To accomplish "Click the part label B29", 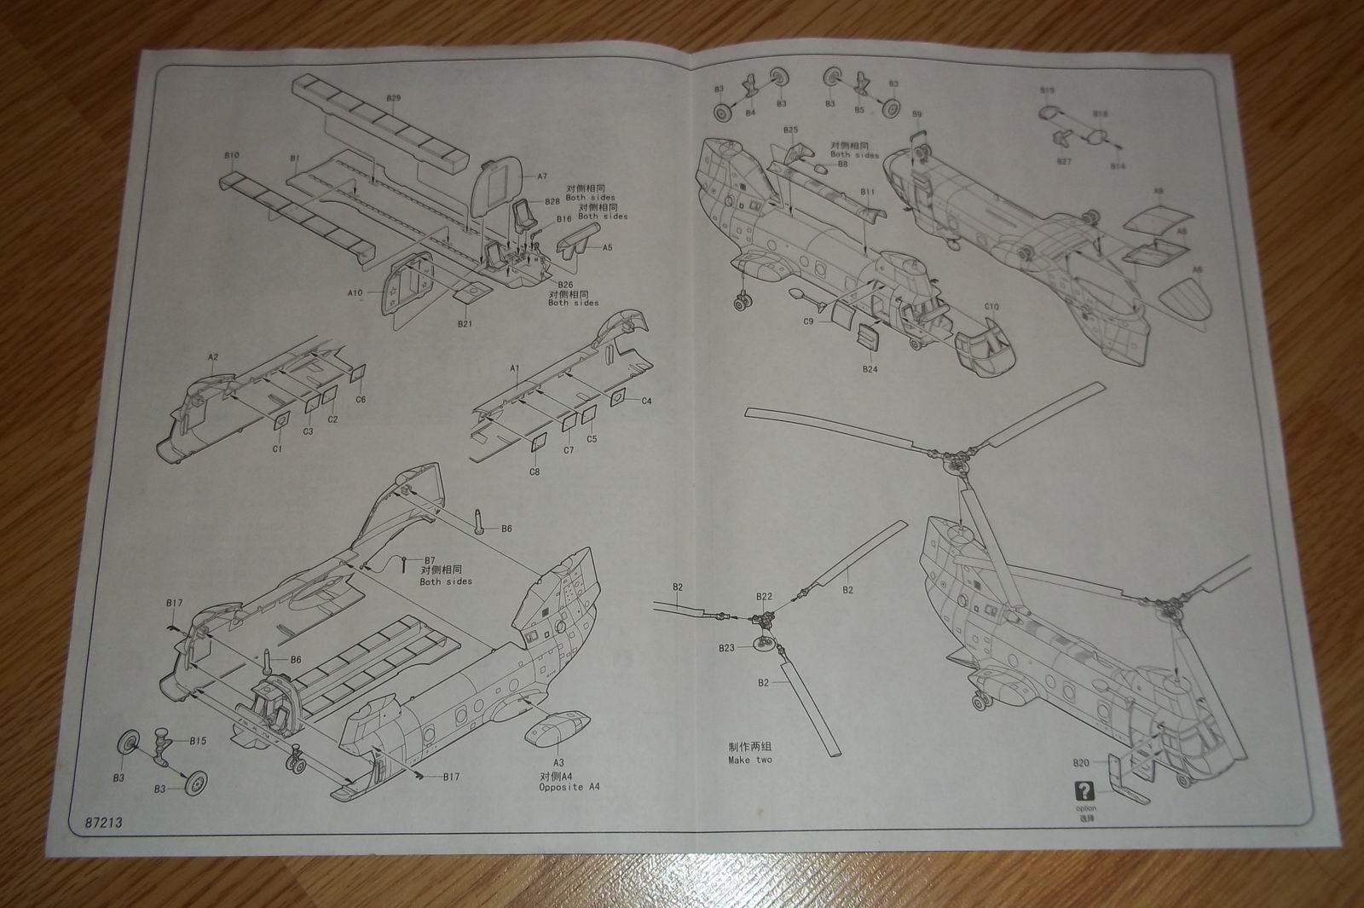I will [393, 98].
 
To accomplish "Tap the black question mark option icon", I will [1084, 789].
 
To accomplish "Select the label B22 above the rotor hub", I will [764, 597].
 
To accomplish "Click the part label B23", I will [725, 648].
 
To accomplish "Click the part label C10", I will [991, 306].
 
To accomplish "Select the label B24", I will [870, 369].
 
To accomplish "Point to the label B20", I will [1081, 762].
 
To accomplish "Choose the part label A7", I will [541, 176].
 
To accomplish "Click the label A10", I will [355, 292].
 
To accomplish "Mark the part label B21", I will [465, 324].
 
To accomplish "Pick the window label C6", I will [361, 399].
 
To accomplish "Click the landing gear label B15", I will [198, 740].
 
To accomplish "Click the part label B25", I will [791, 130].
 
